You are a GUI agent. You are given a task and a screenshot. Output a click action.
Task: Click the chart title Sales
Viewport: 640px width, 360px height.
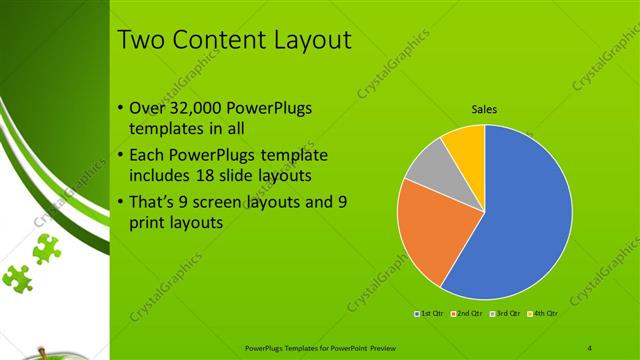(x=485, y=110)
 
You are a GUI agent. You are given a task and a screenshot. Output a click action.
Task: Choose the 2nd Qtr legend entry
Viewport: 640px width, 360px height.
(x=468, y=313)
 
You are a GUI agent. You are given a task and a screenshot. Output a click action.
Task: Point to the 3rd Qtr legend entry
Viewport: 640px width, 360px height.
(x=505, y=313)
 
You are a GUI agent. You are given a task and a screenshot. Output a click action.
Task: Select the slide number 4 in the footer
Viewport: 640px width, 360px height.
(x=589, y=347)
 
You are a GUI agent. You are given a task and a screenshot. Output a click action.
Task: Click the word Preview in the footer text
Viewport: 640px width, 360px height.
(x=367, y=347)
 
